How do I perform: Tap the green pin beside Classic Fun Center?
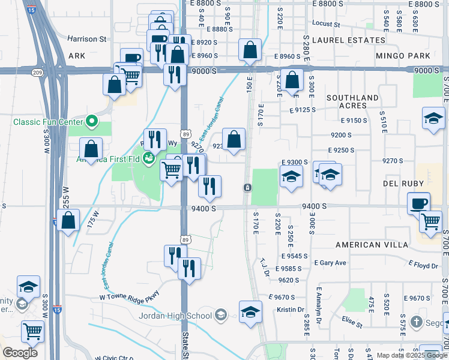pos(92,122)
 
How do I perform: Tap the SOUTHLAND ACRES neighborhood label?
pos(352,101)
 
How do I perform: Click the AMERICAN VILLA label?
pos(372,245)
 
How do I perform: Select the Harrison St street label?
pos(86,39)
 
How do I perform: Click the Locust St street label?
pos(327,25)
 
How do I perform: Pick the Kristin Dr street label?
pos(291,310)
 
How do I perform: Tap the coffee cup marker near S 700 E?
pos(418,203)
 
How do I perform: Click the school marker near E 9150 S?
pos(433,118)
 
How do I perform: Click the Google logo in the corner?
pos(20,353)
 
